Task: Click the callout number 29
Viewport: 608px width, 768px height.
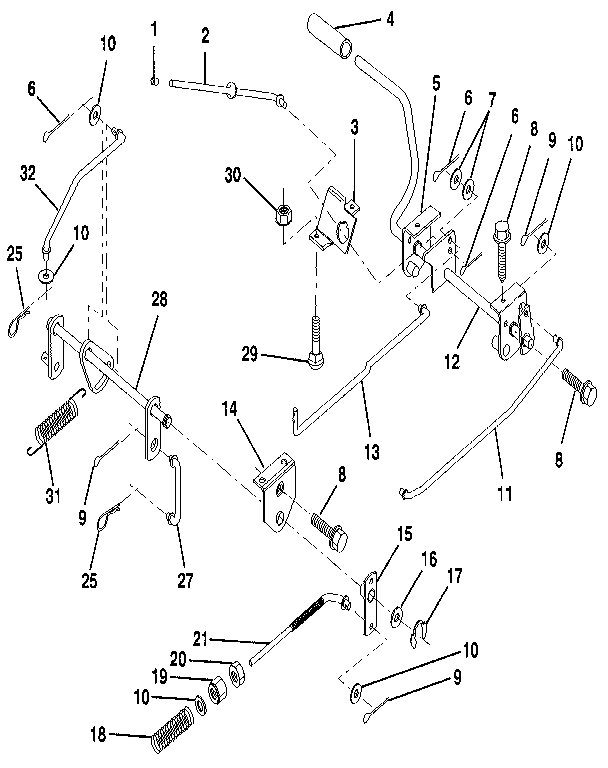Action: coord(250,352)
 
